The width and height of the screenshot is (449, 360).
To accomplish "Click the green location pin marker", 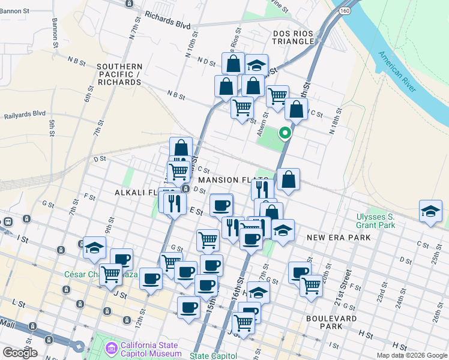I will tap(286, 133).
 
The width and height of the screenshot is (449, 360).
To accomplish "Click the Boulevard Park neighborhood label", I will tap(331, 322).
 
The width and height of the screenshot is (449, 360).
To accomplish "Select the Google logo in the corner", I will tap(20, 353).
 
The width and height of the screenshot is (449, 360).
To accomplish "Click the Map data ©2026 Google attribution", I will tap(412, 355).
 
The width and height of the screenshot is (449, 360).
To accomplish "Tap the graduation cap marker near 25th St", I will tap(431, 212).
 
